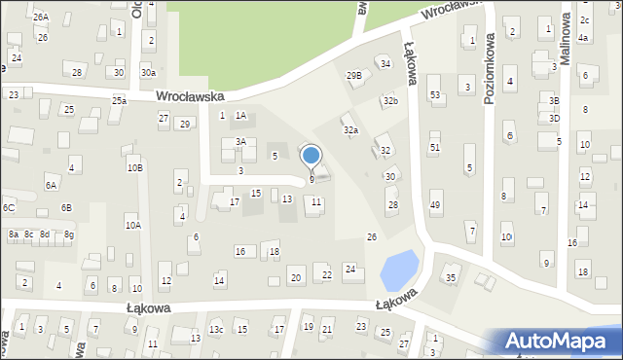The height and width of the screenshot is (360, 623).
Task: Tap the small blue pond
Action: coord(399,270)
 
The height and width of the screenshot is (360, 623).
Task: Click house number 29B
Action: coord(353,75)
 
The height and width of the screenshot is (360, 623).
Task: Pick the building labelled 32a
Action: coord(350,129)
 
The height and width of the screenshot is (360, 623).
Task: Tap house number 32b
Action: coord(390,100)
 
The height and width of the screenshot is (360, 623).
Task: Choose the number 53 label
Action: coord(435,94)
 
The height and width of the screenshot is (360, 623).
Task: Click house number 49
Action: coord(435,205)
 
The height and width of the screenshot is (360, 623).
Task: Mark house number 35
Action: coord(451,278)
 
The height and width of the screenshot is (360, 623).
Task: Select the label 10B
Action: coord(134,167)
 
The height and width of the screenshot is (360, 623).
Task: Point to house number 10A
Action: coord(132,225)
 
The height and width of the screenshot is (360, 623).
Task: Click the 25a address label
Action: coord(119,100)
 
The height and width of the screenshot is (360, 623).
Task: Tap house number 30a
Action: coord(148,72)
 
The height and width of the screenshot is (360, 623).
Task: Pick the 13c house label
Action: coord(216,330)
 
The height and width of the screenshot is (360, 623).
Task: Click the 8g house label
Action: coord(69,234)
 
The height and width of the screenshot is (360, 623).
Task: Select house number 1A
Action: coord(240,116)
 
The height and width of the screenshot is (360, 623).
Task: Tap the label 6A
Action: coord(51,185)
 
